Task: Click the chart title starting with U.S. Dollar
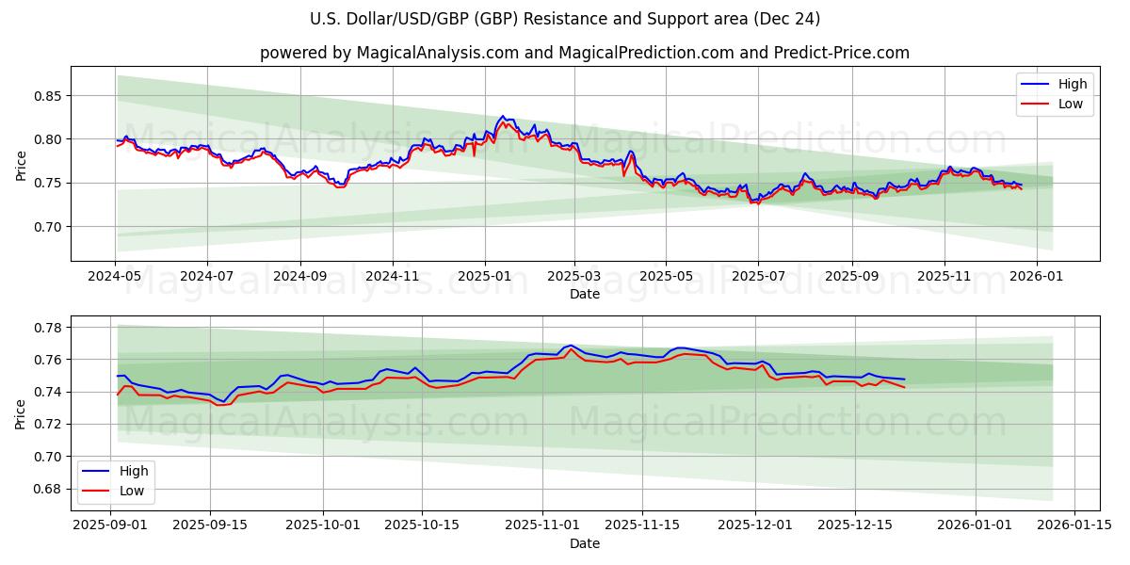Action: (x=564, y=19)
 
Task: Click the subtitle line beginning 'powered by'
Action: (x=584, y=53)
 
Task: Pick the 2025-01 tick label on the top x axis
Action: (x=484, y=278)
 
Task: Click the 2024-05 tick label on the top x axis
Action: (x=116, y=278)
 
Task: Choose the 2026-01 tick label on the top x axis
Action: (x=1037, y=278)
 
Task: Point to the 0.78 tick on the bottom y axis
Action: (x=47, y=328)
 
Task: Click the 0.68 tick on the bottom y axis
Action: (x=47, y=489)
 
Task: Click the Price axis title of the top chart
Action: (x=21, y=165)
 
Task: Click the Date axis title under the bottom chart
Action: (x=584, y=544)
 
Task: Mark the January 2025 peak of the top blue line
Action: (x=502, y=116)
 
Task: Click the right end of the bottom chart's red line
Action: (x=904, y=387)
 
